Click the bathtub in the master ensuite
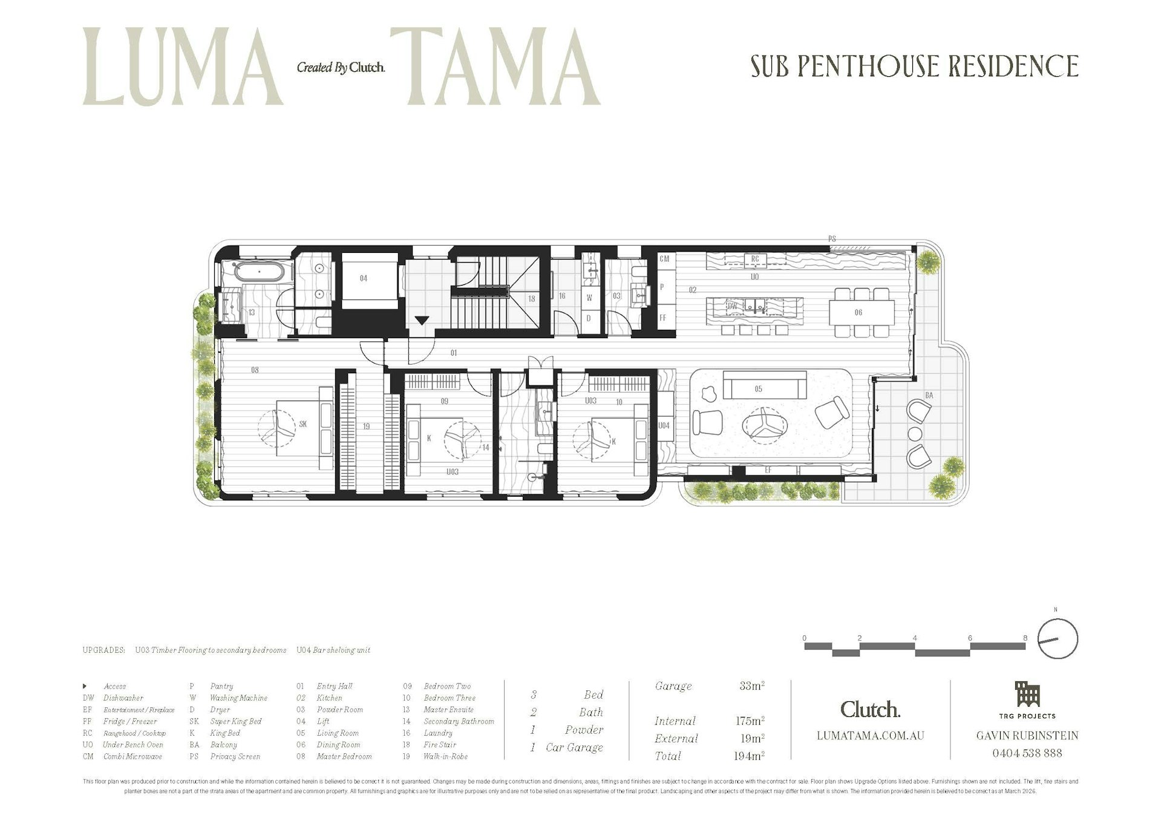click(259, 272)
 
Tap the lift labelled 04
click(364, 278)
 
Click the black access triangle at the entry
click(421, 320)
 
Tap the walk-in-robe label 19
click(366, 427)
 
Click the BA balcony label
click(929, 396)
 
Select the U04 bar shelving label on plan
click(664, 426)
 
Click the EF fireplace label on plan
click(768, 470)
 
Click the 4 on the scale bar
click(915, 638)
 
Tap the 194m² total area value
click(750, 756)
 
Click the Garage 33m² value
click(751, 686)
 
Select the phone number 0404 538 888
click(1027, 753)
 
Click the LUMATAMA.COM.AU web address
click(870, 736)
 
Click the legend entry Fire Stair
click(440, 745)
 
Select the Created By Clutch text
click(341, 68)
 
